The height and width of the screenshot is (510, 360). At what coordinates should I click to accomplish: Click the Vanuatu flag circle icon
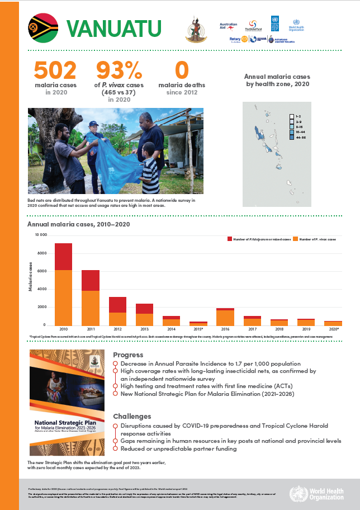click(43, 27)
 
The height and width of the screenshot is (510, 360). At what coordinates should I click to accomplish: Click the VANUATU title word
click(114, 28)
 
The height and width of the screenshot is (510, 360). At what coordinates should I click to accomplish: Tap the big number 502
click(55, 70)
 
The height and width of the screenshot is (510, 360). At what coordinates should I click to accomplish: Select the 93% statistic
click(119, 70)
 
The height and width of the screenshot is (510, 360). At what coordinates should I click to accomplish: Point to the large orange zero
click(182, 70)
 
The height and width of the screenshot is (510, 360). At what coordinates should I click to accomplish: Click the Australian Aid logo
click(229, 26)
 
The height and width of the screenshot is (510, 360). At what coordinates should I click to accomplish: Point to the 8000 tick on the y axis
click(41, 253)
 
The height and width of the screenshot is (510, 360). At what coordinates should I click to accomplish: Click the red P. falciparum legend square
click(229, 239)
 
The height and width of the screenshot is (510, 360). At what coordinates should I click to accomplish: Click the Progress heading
click(128, 355)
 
